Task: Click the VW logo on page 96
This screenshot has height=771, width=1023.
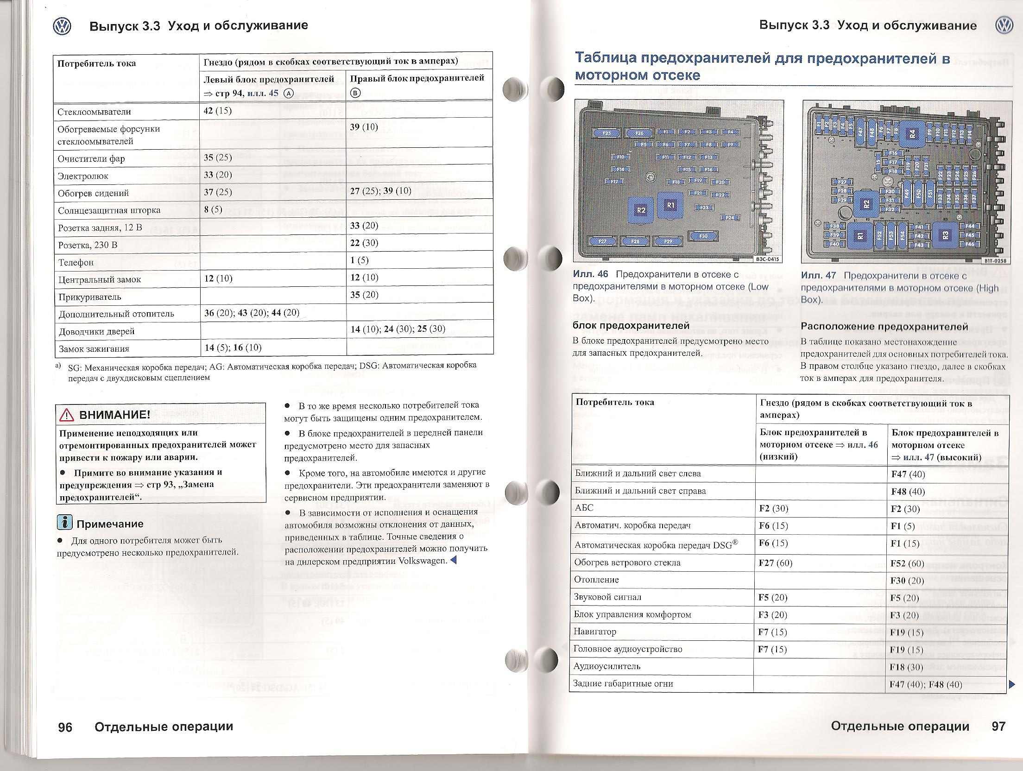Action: point(62,26)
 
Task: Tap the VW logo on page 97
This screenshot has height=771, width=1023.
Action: point(1004,25)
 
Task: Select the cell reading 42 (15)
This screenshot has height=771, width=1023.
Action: point(218,111)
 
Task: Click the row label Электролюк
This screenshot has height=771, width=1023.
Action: point(83,176)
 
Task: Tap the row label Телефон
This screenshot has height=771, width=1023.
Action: point(76,262)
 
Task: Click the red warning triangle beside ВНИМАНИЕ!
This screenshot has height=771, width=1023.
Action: point(67,415)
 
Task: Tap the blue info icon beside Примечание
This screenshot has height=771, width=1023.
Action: point(64,522)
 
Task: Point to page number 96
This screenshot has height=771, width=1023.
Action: point(65,727)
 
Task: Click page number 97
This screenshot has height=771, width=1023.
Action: point(998,726)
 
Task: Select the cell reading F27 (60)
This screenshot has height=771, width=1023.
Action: point(776,562)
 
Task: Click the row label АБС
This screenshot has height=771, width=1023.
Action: point(584,508)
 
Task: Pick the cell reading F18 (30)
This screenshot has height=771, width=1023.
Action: point(906,667)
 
